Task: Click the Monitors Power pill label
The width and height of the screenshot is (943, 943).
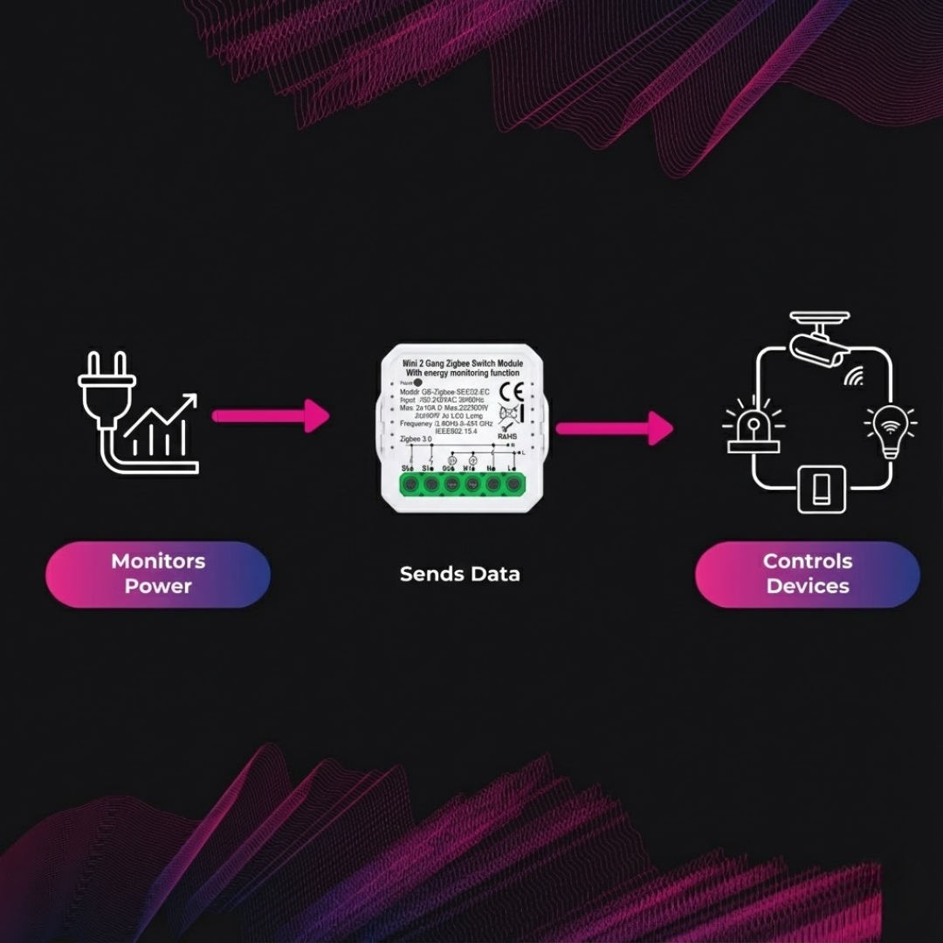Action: coord(158,574)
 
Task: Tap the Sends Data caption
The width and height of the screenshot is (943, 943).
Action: coord(459,574)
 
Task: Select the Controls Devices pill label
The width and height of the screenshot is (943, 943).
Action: coord(808,574)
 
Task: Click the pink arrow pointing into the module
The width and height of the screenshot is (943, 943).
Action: coord(271,416)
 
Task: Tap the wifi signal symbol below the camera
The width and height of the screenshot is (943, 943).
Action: coord(853,376)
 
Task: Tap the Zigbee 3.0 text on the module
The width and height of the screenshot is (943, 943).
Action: coord(414,440)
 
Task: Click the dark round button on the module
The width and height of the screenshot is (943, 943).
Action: coord(417,382)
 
